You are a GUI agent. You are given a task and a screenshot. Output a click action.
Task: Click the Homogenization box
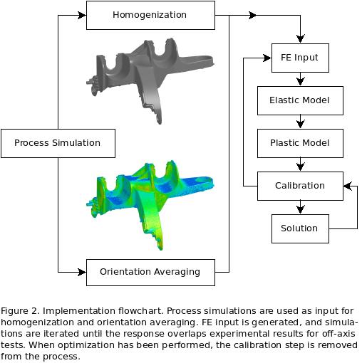point(150,15)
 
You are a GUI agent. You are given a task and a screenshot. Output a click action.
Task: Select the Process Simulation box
point(57,143)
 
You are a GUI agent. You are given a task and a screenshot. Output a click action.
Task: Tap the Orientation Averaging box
point(150,271)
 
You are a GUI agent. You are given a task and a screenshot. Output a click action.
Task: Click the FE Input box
point(300,58)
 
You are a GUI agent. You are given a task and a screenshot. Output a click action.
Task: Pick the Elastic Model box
point(300,100)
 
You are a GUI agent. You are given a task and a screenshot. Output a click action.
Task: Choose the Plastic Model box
point(300,143)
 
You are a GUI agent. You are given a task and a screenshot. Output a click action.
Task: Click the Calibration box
point(300,186)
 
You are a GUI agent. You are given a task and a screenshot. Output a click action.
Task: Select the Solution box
point(300,228)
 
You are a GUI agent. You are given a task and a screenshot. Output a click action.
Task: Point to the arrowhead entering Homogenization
point(82,15)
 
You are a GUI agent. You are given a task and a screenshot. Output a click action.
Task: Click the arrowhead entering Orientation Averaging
point(82,271)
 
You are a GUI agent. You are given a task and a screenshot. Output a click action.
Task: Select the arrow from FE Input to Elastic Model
point(300,79)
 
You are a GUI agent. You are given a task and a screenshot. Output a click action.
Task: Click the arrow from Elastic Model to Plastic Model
point(300,122)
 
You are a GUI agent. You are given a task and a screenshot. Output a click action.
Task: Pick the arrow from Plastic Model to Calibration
point(300,164)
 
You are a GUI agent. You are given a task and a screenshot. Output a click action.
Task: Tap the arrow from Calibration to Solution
point(300,207)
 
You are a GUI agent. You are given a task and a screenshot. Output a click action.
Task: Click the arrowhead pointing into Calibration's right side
point(347,186)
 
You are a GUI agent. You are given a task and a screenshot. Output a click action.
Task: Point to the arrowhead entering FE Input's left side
point(267,58)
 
